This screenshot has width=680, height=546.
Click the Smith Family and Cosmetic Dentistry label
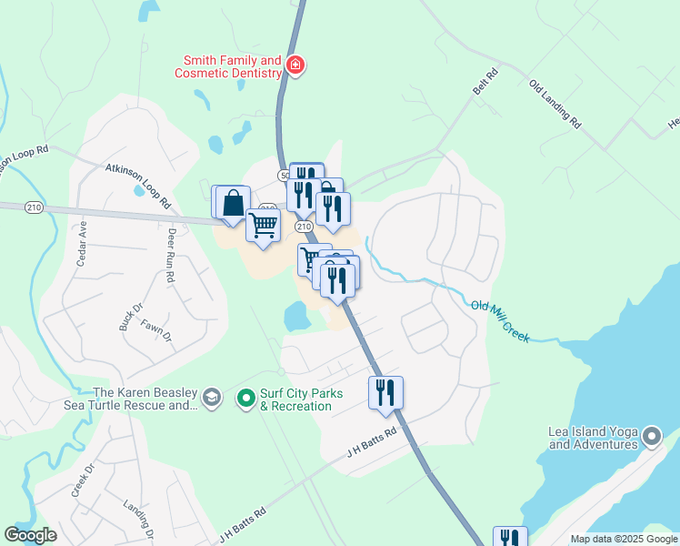point(228,66)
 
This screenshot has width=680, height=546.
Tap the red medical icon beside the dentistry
point(295,66)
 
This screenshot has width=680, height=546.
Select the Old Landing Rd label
point(555,101)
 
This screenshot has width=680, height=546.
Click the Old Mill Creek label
point(501,320)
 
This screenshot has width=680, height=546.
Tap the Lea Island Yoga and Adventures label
point(593,438)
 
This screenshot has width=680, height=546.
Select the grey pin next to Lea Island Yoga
point(651,437)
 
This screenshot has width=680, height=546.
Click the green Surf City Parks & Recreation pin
point(245,398)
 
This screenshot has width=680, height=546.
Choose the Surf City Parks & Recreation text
point(295,399)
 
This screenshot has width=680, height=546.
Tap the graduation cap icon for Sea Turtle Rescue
point(212,398)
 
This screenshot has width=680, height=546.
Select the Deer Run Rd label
point(170,256)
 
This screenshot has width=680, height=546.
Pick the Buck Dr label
point(125,317)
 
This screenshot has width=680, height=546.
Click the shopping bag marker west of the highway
point(233,203)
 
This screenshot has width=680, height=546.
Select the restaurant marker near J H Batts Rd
point(385,392)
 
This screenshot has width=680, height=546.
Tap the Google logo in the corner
point(30,535)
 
